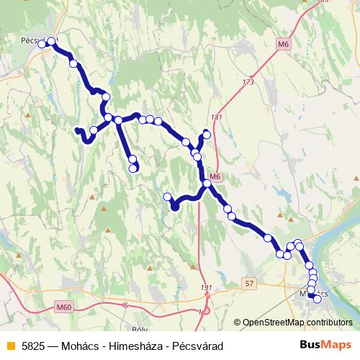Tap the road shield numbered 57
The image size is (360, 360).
coord(249,284)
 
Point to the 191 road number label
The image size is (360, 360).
coord(207,289)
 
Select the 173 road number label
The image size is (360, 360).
coord(248,82)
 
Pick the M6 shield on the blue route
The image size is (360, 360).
coord(215,177)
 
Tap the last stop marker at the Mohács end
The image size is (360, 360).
coord(318,299)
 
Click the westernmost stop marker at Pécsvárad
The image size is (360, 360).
coord(42,45)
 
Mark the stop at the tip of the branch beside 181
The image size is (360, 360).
coord(207,132)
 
